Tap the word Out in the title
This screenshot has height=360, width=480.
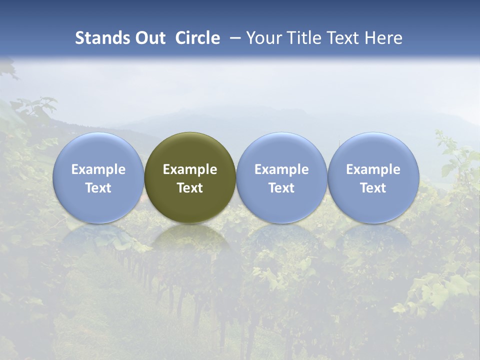pos(149,38)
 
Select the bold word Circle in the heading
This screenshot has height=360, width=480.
pos(197,38)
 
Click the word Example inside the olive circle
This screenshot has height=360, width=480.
pos(190,169)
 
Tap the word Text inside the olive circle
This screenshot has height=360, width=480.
pos(190,188)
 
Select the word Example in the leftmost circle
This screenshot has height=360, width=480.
pos(98,169)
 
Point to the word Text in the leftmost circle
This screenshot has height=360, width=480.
pos(98,188)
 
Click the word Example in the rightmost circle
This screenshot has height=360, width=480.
pos(373,169)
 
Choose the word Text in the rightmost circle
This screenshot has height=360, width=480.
pos(373,188)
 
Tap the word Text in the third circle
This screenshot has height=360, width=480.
pos(281,188)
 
